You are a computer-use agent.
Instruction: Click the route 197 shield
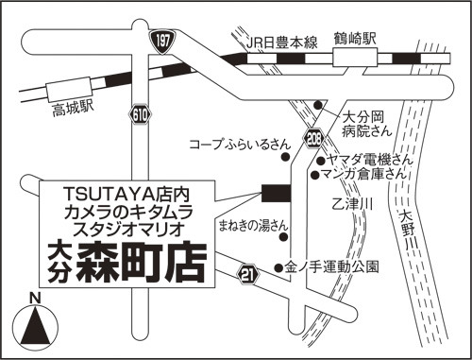(163, 42)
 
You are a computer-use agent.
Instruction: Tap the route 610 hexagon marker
(140, 115)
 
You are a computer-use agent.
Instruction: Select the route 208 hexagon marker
(313, 139)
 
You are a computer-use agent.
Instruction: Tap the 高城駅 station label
(73, 110)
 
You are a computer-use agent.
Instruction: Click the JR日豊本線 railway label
(281, 43)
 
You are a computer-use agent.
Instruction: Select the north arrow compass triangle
(35, 326)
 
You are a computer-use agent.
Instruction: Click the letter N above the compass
(35, 298)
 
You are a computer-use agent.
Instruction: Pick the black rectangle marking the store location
(276, 193)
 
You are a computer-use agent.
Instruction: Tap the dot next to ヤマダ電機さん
(320, 161)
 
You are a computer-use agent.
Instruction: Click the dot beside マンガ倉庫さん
(315, 175)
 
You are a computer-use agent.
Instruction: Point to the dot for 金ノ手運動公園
(278, 268)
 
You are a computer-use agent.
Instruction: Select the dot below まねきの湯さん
(284, 237)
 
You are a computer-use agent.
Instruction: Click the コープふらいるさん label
(239, 145)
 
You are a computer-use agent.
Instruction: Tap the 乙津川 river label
(352, 205)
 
